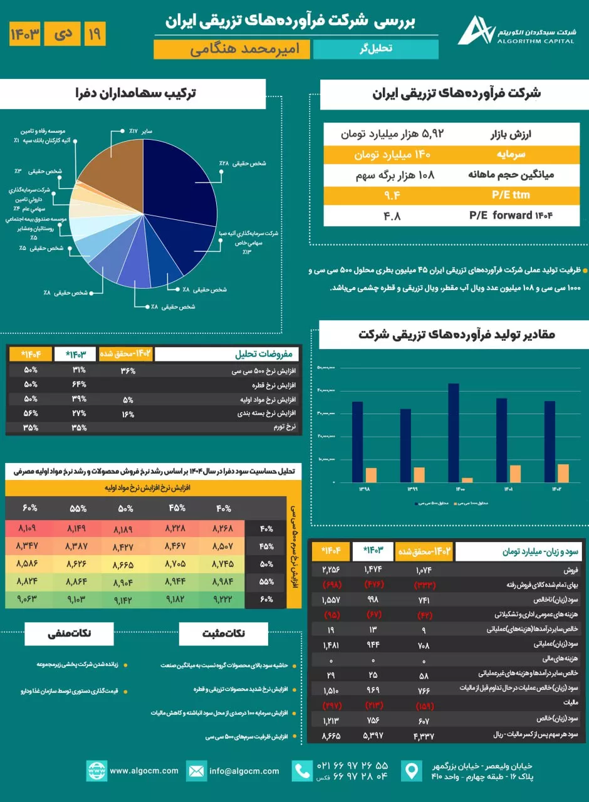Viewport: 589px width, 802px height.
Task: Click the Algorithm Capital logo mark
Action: tap(474, 30)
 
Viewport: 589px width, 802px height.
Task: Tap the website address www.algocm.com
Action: tap(144, 771)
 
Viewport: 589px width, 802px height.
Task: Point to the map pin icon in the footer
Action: tap(410, 771)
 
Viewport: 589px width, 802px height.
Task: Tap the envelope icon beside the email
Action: tap(196, 771)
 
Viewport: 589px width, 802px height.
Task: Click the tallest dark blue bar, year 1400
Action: tap(454, 432)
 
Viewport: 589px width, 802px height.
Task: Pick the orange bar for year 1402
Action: tap(563, 473)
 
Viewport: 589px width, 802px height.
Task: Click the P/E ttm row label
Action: tap(508, 195)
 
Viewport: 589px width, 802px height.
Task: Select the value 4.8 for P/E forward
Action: tap(392, 216)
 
